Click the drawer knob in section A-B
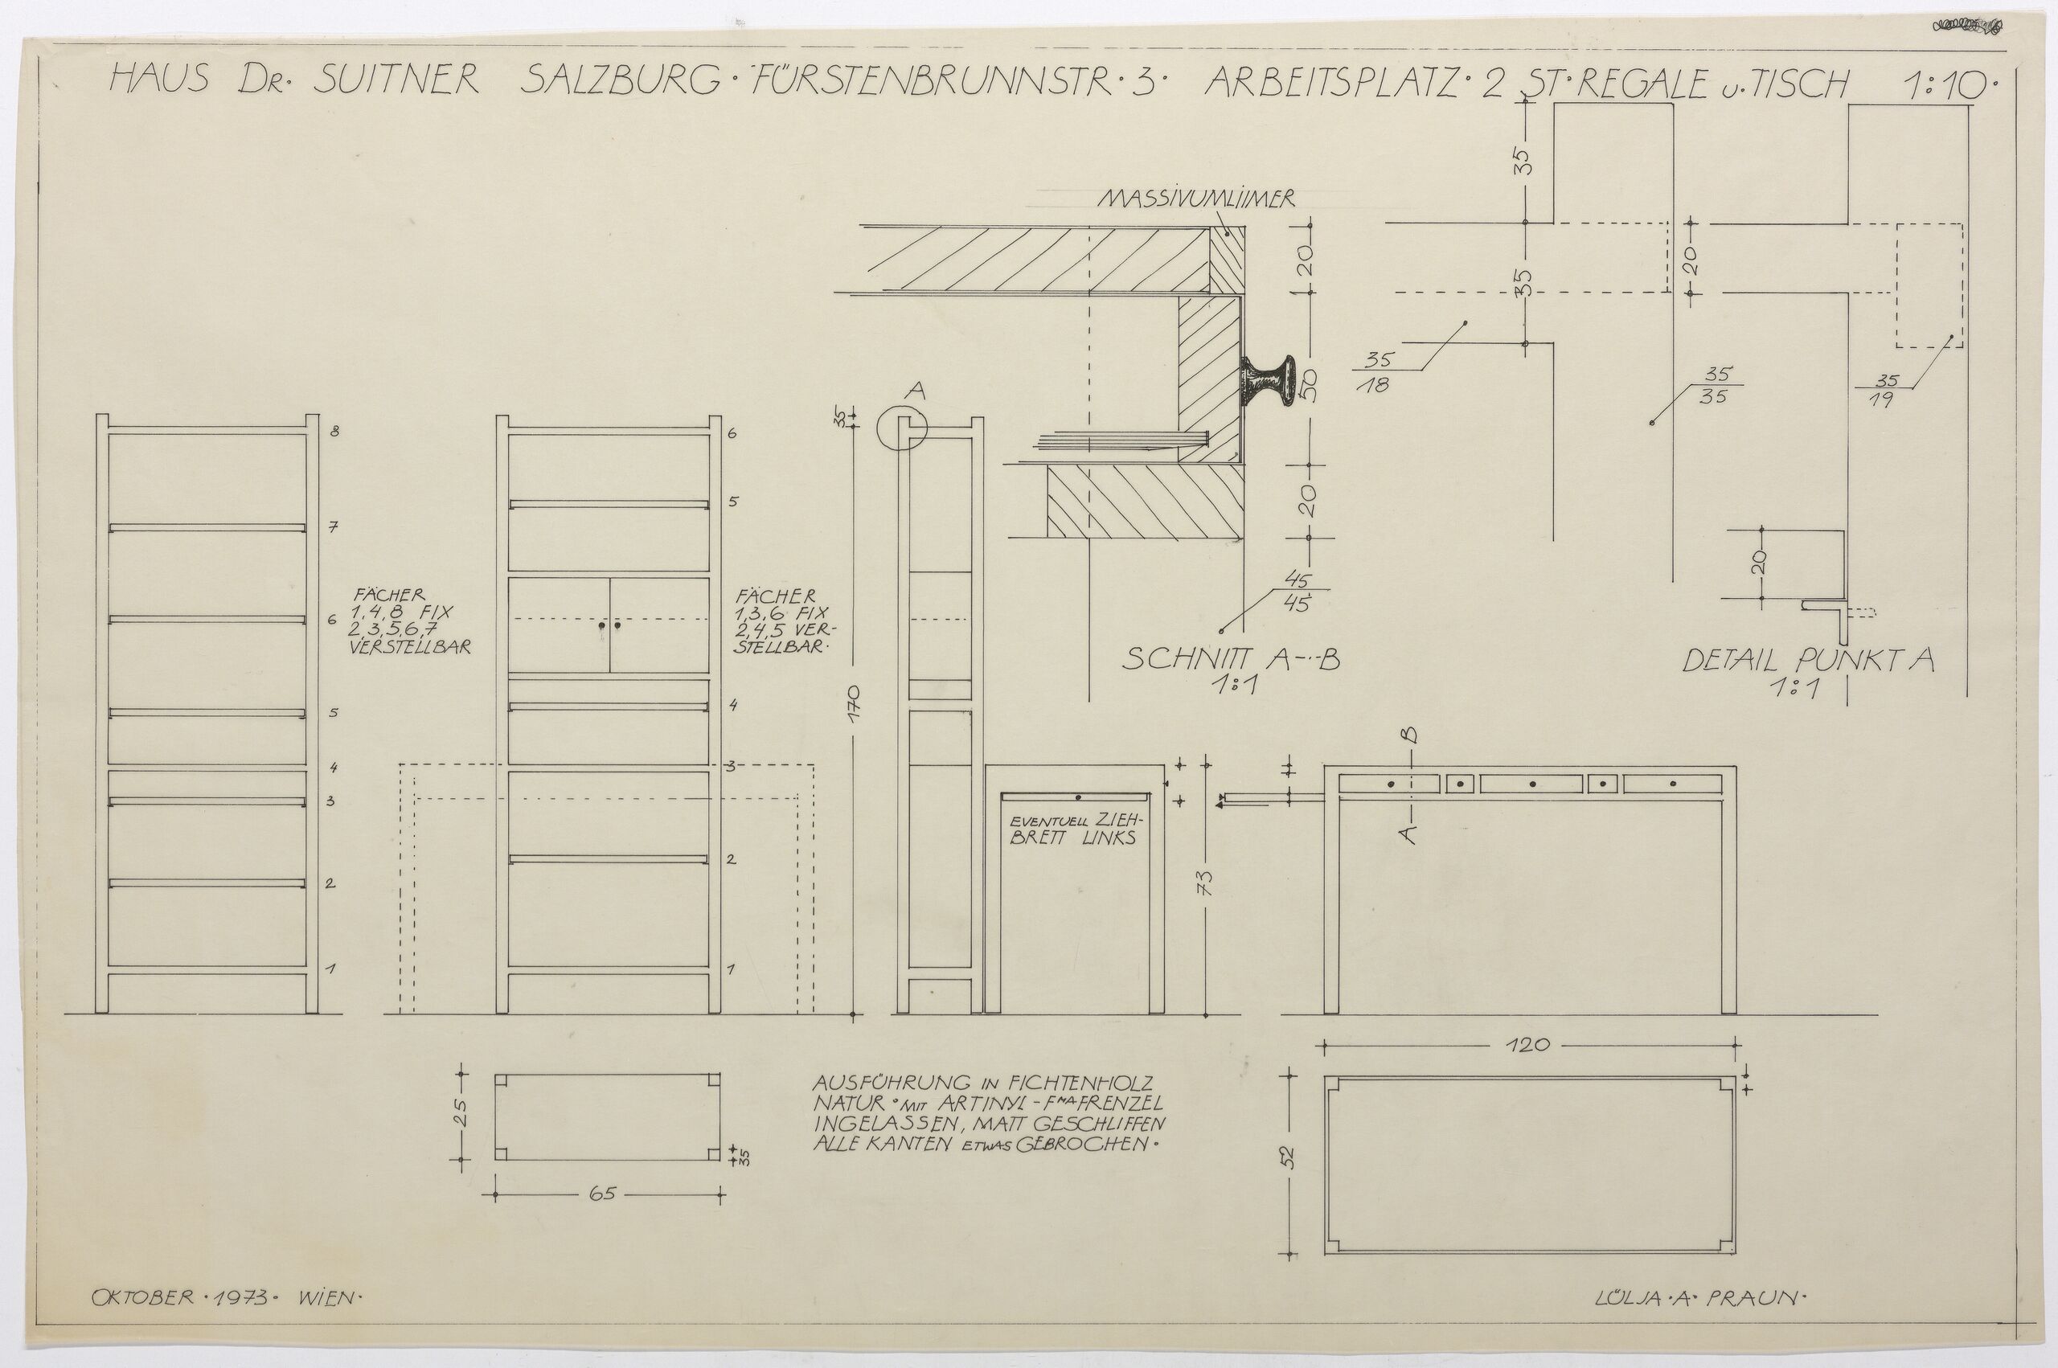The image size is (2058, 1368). tap(1263, 384)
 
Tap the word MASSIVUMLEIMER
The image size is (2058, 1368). tap(1196, 200)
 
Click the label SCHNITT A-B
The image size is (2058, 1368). tap(1230, 660)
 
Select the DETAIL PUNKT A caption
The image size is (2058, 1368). tap(1808, 661)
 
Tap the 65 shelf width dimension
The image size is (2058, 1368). tap(602, 1194)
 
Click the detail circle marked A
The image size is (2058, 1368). tap(900, 425)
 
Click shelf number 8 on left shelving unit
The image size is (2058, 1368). tap(334, 431)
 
